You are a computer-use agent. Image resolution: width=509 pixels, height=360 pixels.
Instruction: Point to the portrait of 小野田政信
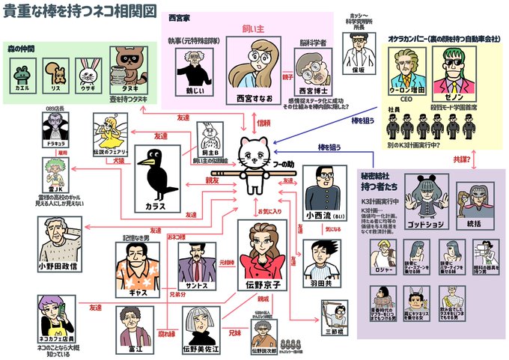click(x=61, y=240)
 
